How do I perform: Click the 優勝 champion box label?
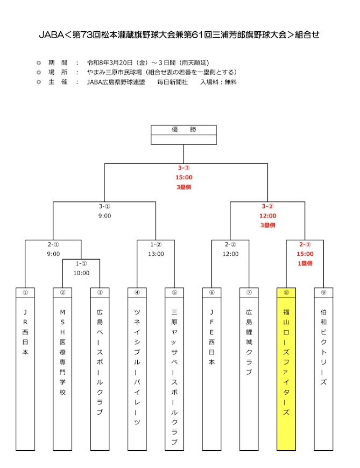tap(183, 130)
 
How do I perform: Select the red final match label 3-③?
tap(183, 167)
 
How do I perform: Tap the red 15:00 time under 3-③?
tap(183, 177)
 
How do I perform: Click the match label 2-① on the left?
tap(53, 244)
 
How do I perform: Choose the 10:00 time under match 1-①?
tap(81, 273)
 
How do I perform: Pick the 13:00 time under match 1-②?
tap(156, 254)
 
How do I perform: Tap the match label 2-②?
tap(230, 244)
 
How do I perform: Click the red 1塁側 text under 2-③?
tap(305, 263)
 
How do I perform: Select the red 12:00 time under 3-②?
tap(268, 215)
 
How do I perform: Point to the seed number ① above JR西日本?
tap(25, 292)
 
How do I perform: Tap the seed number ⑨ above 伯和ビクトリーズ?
tap(323, 292)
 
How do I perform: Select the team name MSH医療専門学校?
tap(62, 352)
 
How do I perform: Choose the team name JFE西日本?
tap(211, 337)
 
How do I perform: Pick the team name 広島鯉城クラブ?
tap(249, 343)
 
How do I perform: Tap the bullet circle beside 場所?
tap(38, 72)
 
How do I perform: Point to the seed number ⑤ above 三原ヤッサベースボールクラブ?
tap(174, 292)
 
